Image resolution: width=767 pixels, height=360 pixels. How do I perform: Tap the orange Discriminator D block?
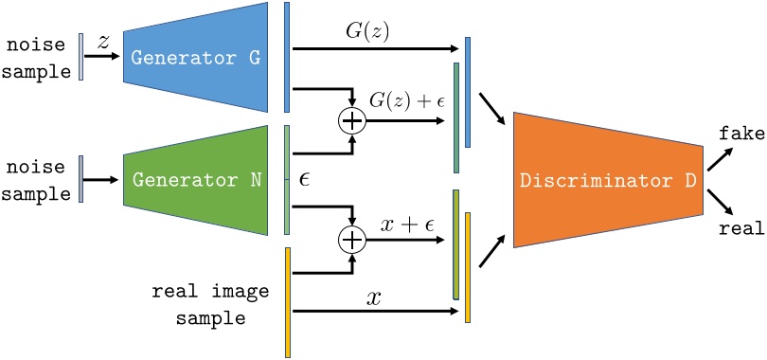pyautogui.click(x=606, y=180)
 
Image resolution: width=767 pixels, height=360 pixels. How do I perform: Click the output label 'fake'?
pyautogui.click(x=740, y=135)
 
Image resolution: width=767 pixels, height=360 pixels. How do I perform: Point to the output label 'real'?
pyautogui.click(x=740, y=228)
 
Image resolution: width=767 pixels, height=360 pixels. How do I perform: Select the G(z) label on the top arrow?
pyautogui.click(x=368, y=32)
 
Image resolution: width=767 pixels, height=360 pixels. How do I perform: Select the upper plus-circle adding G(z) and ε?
pyautogui.click(x=351, y=121)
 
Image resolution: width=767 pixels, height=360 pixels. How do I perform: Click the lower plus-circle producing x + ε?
pyautogui.click(x=351, y=241)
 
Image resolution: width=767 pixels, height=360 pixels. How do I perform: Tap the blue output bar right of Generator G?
pyautogui.click(x=287, y=57)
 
